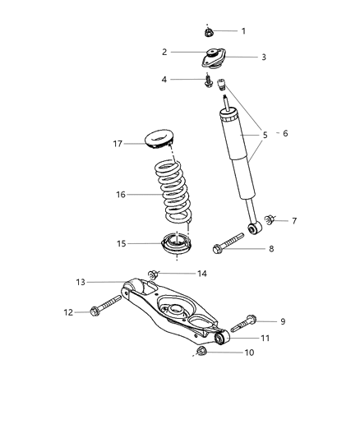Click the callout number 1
(242, 31)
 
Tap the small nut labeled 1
(209, 32)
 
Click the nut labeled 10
(202, 353)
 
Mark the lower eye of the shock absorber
(255, 227)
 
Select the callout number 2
(164, 52)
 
